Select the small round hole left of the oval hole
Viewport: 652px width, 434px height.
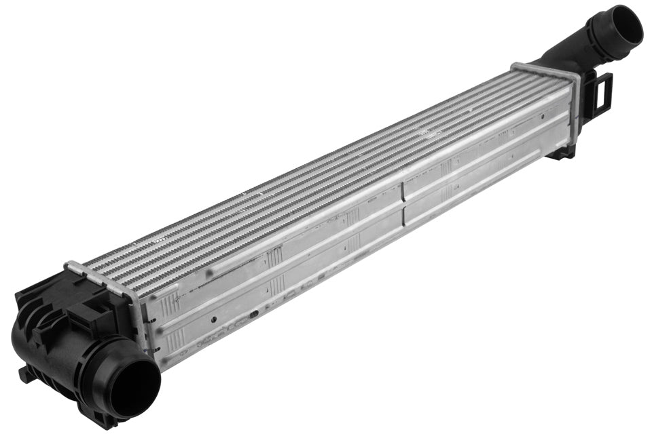tap(213, 318)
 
